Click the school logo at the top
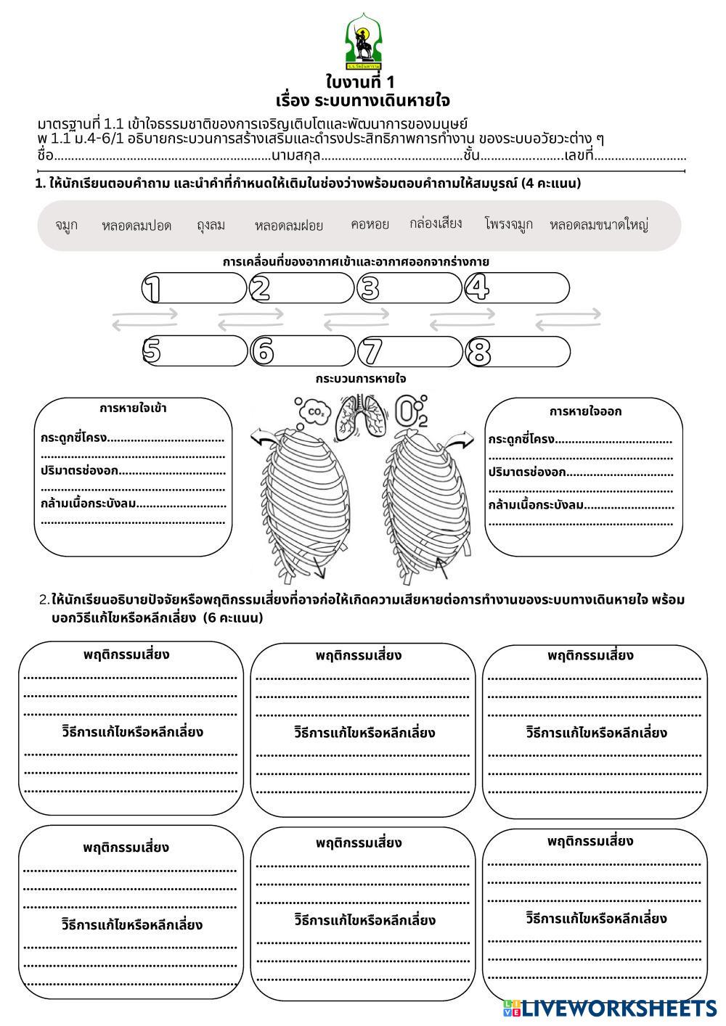coord(362,41)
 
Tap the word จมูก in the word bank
coord(66,225)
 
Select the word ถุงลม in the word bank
coord(211,225)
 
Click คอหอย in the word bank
coord(370,224)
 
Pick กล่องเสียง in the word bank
coord(436,223)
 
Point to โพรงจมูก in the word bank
coord(508,223)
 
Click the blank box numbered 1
coord(195,289)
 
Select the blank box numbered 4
coord(518,288)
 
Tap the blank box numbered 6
coord(303,352)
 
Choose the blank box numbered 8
coord(518,353)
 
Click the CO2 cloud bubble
coord(315,412)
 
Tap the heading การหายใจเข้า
coord(133,408)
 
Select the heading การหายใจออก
coord(585,411)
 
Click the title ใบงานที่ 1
coord(361,81)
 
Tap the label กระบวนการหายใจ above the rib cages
coord(361,379)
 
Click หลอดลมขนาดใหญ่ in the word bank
coord(599,225)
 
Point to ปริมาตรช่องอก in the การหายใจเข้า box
coord(80,470)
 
